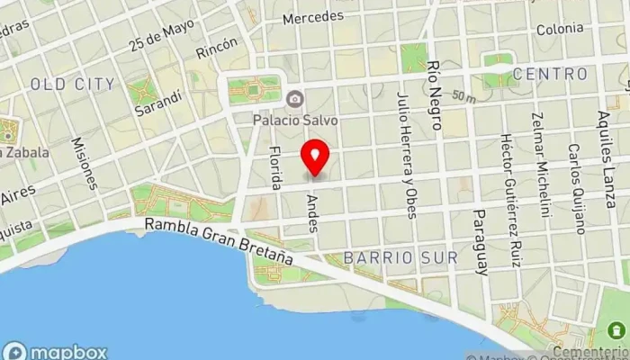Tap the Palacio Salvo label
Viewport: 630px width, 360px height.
point(294,118)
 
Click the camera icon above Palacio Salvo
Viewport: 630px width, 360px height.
point(294,98)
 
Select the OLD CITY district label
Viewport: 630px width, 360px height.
point(73,85)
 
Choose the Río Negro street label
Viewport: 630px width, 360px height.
point(436,90)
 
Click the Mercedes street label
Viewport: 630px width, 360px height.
point(312,17)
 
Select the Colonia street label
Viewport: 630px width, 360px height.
point(559,29)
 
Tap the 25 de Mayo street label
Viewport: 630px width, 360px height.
point(161,36)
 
